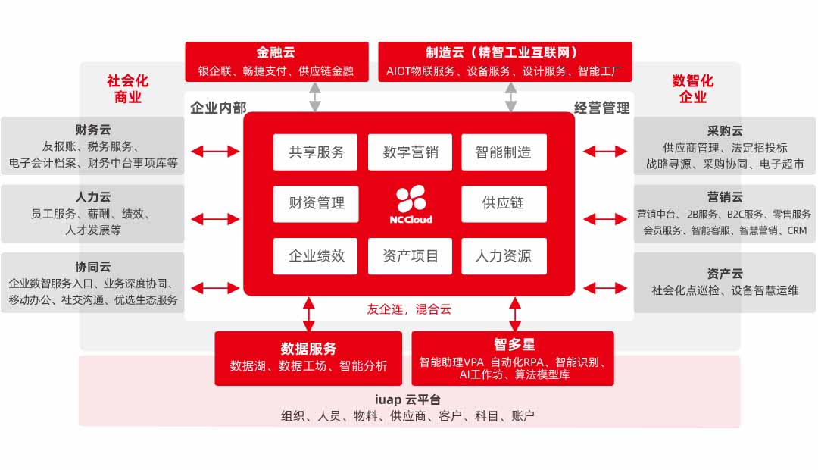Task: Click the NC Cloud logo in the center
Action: point(411,203)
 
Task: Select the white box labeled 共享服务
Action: point(316,152)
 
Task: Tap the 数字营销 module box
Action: point(410,152)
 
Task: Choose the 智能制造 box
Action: point(504,152)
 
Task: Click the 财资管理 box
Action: point(316,203)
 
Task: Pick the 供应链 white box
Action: point(504,203)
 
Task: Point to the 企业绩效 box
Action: point(316,255)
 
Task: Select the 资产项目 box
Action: point(410,255)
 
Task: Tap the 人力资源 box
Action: point(504,255)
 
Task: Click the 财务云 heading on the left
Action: point(93,130)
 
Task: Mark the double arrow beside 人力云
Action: point(215,219)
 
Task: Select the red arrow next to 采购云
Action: point(605,152)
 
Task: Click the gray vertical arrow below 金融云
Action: point(315,97)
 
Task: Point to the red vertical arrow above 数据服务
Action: point(308,314)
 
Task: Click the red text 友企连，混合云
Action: point(409,309)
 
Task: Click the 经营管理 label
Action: point(601,108)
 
